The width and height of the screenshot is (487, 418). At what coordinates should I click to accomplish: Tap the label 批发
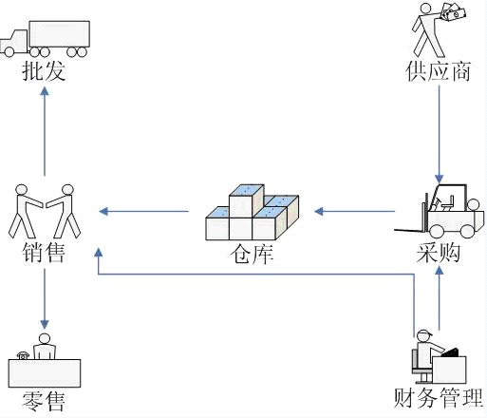[45, 72]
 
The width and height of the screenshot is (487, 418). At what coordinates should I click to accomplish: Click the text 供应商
[438, 72]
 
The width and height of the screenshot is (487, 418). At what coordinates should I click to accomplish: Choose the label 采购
[438, 254]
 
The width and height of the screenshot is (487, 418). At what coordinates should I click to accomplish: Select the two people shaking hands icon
[45, 210]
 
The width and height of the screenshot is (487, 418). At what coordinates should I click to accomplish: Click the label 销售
[45, 254]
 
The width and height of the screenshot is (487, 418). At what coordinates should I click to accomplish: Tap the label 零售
[45, 402]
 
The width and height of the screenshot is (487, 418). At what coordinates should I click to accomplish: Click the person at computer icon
[438, 355]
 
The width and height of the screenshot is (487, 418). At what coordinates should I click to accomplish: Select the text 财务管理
[438, 396]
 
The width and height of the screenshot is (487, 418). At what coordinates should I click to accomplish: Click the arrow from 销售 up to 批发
[45, 133]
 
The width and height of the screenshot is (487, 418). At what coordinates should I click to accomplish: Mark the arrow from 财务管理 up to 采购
[438, 299]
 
